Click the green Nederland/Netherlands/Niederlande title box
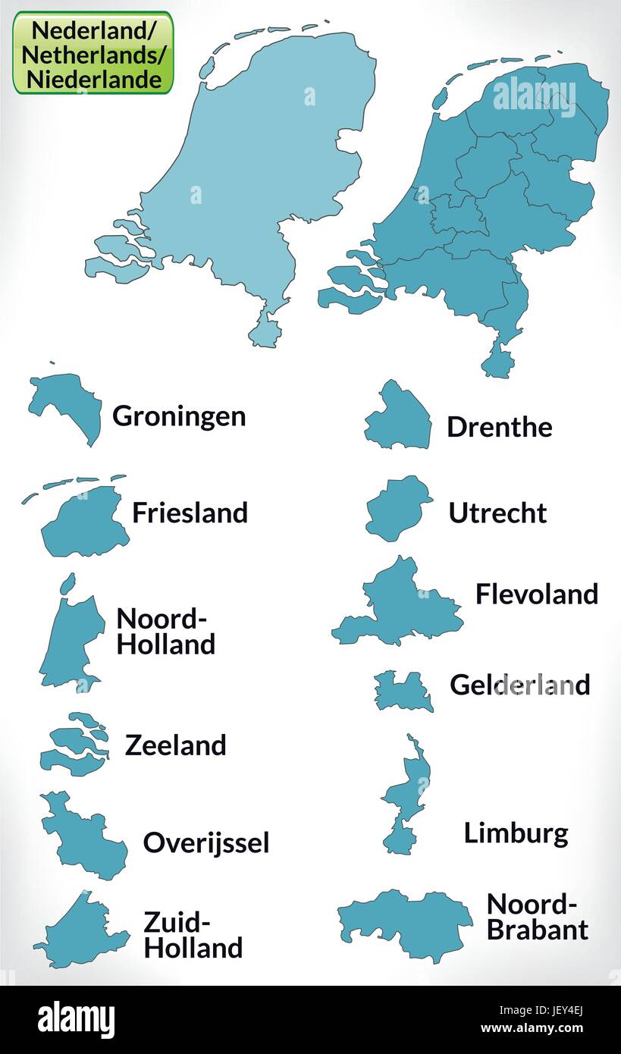coord(93,52)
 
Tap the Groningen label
coord(179,416)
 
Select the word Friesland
coord(190,513)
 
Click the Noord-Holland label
coord(165,632)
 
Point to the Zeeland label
coord(175,745)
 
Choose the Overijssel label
coord(206,842)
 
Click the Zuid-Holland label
coord(193,935)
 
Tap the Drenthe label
coord(499,427)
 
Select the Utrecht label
coord(497,513)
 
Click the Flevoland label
coord(537,594)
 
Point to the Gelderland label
coord(519,685)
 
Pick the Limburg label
coord(516,833)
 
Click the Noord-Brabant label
coord(537,917)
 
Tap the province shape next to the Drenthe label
coord(400,417)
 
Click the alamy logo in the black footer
coord(76,1020)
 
